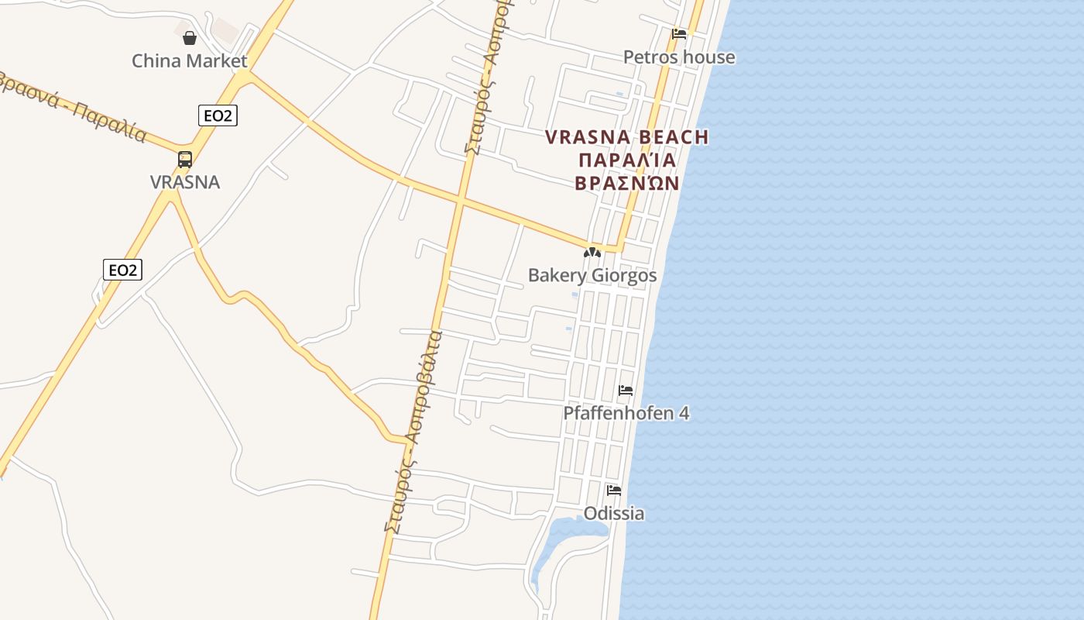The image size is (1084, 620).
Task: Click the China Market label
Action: point(189,60)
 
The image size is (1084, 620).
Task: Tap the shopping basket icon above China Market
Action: point(190,37)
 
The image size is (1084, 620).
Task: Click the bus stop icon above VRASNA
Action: point(185,160)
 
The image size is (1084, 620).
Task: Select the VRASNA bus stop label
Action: point(185,182)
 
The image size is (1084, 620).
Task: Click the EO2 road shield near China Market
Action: point(217,116)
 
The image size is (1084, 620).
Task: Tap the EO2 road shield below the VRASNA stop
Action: point(122,270)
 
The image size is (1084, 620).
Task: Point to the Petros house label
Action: point(679,57)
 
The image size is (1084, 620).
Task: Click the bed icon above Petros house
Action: point(679,33)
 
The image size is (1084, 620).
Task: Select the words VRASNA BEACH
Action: point(626,137)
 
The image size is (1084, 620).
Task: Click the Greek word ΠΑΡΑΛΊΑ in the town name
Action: point(626,160)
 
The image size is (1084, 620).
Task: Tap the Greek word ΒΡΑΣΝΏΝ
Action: point(626,184)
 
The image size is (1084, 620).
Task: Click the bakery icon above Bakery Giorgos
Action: point(592,253)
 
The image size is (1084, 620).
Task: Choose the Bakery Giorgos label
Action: point(592,275)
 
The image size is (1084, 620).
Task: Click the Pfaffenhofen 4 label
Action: point(626,413)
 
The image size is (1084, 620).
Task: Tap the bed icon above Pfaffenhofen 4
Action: point(626,390)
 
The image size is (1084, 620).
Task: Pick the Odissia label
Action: point(614,514)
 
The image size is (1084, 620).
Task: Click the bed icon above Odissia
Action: point(614,490)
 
